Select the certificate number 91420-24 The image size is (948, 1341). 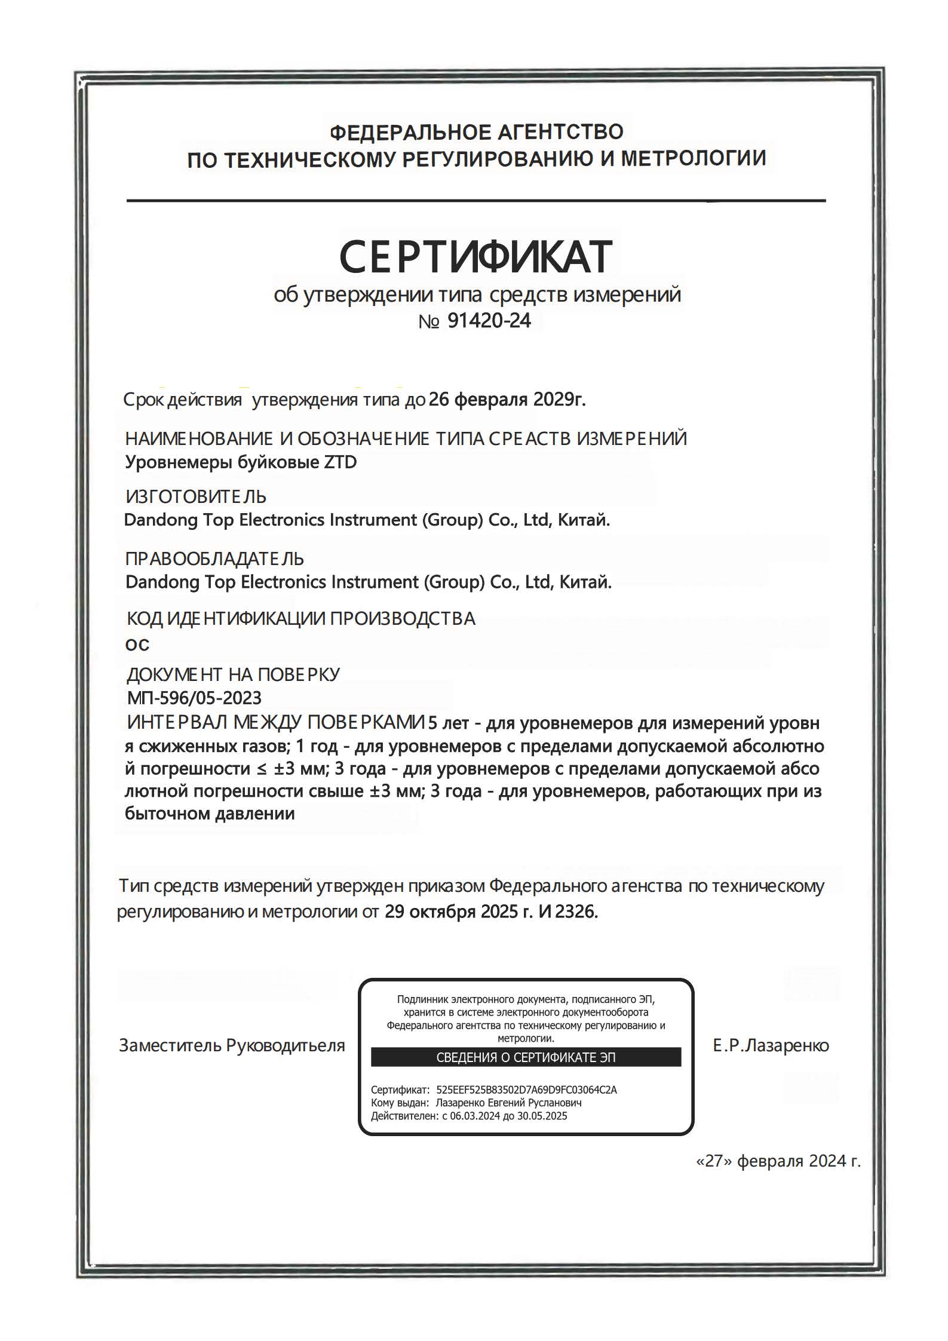(489, 321)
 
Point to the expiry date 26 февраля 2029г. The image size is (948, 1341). (507, 399)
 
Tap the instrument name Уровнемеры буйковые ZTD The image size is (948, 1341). (241, 462)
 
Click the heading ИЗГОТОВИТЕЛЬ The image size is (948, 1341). (196, 496)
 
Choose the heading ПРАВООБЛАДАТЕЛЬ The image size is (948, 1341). (214, 559)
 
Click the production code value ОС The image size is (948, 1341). (137, 645)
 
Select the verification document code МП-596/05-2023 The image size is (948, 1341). (194, 698)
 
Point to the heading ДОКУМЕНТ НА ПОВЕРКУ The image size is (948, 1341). (233, 674)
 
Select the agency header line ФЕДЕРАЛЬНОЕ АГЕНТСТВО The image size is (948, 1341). (476, 131)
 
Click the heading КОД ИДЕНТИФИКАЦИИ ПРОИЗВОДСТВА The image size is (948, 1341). (301, 618)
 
